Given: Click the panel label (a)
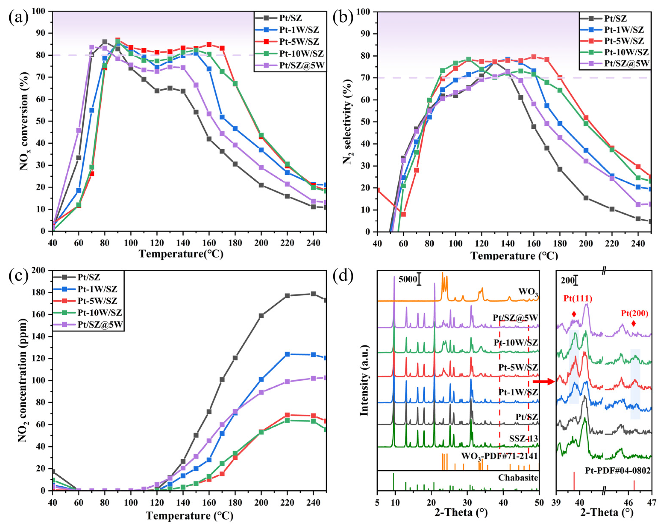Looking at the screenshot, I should tap(19, 18).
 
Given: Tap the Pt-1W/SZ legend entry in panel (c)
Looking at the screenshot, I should tap(97, 289).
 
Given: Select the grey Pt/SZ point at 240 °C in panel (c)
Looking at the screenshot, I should tap(313, 294).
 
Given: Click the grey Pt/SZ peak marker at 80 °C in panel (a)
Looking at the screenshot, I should tap(105, 42).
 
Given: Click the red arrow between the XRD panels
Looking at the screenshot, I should tap(544, 382).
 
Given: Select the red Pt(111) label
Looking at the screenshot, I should tap(578, 298).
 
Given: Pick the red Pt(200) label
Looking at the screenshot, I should tap(635, 314).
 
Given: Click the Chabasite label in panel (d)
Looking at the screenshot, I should tap(518, 478).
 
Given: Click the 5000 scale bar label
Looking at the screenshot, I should tap(407, 279).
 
